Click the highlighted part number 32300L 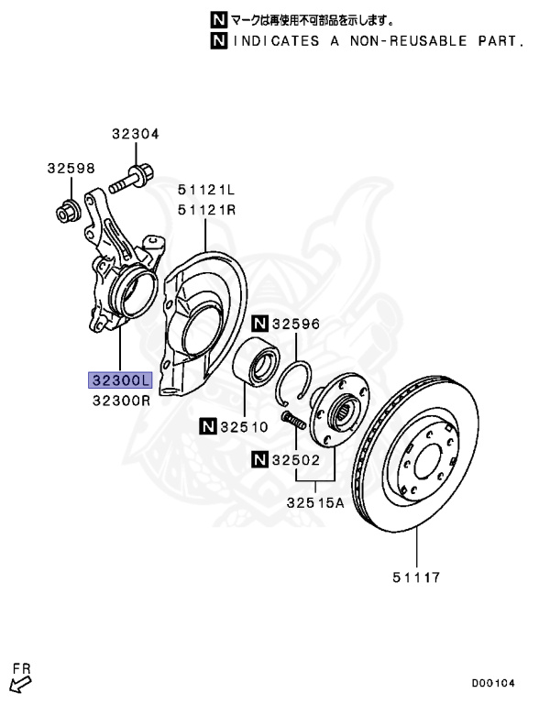[120, 380]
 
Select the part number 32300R [121, 401]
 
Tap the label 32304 [136, 134]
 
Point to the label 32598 [71, 169]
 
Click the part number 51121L [206, 190]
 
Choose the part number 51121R [206, 210]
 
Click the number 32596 [295, 324]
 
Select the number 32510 [244, 426]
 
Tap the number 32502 [295, 460]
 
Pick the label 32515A [315, 502]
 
